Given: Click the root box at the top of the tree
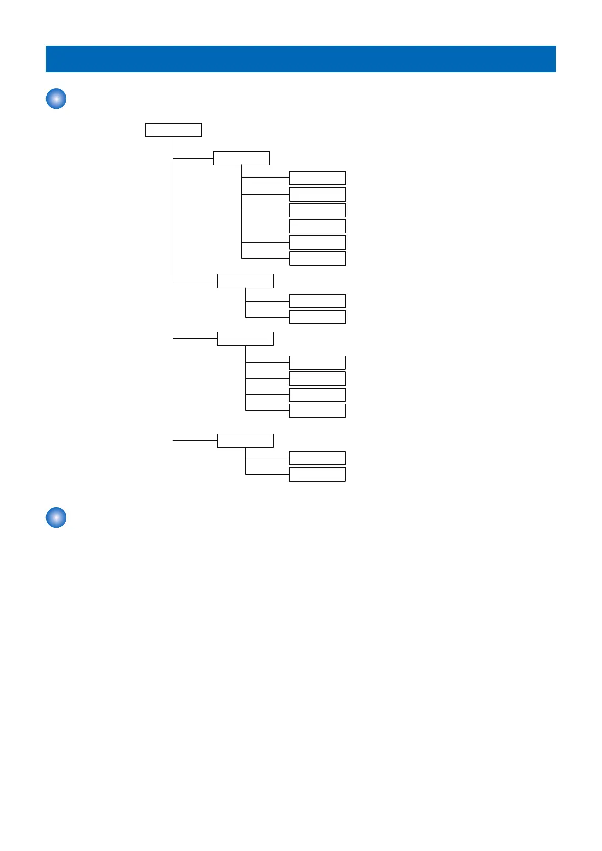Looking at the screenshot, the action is coord(173,130).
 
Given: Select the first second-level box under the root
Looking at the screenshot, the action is coord(241,158).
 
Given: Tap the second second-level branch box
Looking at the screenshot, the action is coord(245,281).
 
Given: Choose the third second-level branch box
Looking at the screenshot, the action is coord(245,339).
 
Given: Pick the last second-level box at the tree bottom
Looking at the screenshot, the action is coord(245,441).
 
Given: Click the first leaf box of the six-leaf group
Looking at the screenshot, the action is coord(317,178).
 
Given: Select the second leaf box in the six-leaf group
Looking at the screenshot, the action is coord(317,194).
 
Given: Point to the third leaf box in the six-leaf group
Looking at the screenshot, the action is coord(317,210).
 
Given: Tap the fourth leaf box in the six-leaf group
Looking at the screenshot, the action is coord(317,226).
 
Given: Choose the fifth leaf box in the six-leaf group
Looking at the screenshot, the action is coord(317,242).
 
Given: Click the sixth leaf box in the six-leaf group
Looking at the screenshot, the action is coord(317,258).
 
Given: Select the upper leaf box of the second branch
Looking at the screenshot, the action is coord(317,301).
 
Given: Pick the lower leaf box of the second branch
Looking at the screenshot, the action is coord(317,317).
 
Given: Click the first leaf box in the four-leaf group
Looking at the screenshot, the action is coord(317,363).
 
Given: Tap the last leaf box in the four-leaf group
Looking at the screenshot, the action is coord(317,411).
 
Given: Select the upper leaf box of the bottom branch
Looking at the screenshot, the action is coord(317,458).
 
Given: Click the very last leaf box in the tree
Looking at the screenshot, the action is coord(317,475).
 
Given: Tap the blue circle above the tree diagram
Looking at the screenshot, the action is coord(56,99).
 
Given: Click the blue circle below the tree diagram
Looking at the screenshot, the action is coord(56,518).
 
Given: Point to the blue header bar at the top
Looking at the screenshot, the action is coord(301,59).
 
